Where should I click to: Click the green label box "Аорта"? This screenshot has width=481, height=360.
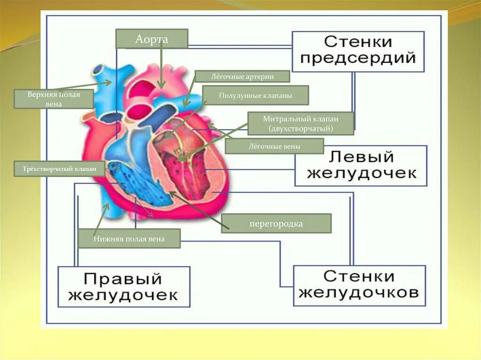tap(152, 39)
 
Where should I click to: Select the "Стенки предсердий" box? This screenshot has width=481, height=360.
tap(358, 51)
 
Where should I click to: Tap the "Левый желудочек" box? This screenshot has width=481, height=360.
tap(361, 165)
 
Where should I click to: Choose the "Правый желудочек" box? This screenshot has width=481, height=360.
tap(124, 286)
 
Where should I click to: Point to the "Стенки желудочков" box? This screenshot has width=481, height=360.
tap(359, 285)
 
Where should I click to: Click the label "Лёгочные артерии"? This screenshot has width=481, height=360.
tap(242, 77)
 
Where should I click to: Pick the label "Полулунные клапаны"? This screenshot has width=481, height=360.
tap(256, 95)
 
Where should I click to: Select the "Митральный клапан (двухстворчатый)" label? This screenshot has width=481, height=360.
tap(301, 123)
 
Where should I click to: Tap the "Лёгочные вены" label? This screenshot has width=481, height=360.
tap(274, 146)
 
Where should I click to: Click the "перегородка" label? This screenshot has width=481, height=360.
tap(276, 224)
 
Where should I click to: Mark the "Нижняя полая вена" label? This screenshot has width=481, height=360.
tap(129, 238)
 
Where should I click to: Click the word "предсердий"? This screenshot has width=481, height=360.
tap(358, 59)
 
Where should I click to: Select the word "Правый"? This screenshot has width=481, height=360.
tap(124, 278)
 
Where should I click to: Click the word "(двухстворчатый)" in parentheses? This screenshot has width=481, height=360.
tap(301, 128)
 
